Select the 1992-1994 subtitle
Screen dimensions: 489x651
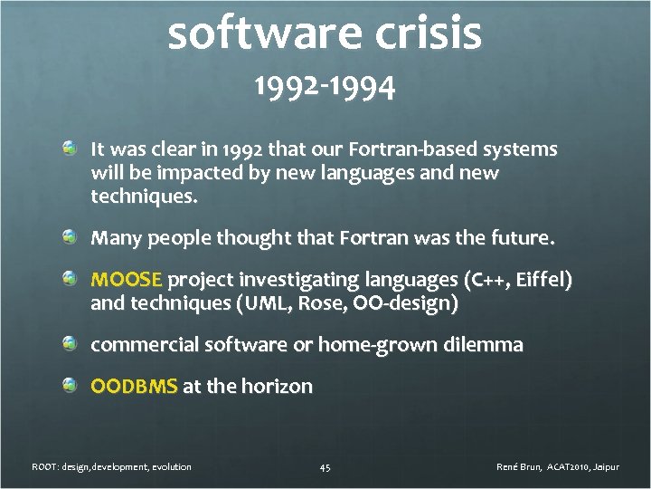click(324, 88)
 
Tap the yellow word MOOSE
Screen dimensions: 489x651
click(127, 279)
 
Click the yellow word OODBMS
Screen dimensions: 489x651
click(134, 387)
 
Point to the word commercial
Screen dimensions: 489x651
click(145, 344)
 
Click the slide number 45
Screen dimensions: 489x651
click(325, 467)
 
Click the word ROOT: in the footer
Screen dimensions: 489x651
click(45, 466)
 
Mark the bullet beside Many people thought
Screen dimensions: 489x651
click(70, 237)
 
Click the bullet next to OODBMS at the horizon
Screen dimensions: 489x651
click(70, 386)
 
